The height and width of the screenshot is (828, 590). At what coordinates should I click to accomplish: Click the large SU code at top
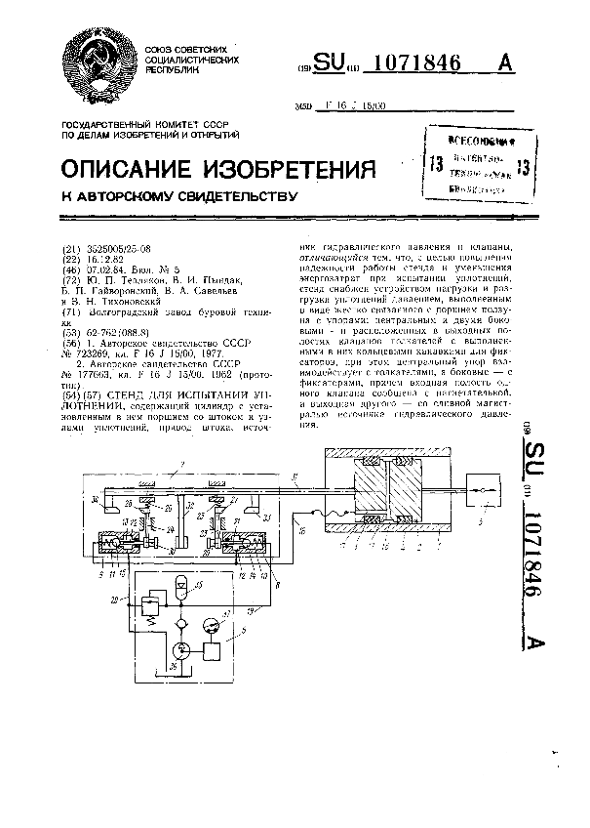[329, 62]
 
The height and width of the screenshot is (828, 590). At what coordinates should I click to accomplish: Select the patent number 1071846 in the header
[418, 62]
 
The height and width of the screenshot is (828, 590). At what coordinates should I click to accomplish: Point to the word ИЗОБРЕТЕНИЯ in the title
[293, 170]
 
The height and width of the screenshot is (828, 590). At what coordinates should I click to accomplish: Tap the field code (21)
[69, 250]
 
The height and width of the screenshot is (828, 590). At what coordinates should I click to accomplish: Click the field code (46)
[69, 269]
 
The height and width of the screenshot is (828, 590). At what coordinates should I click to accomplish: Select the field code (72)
[69, 278]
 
